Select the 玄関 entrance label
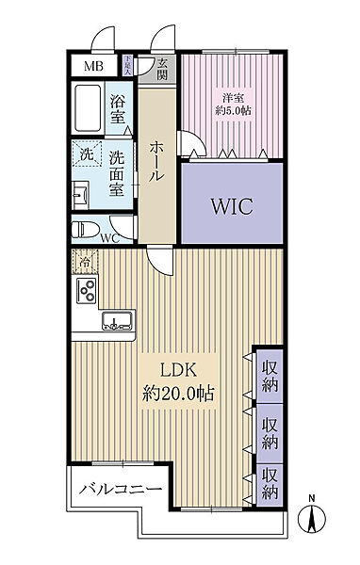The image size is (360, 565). tap(163, 69)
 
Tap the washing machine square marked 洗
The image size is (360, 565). tap(86, 154)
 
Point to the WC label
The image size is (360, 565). tap(109, 238)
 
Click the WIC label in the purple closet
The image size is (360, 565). tap(231, 206)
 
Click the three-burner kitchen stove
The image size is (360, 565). tap(86, 291)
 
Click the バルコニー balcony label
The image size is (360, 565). tap(120, 491)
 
